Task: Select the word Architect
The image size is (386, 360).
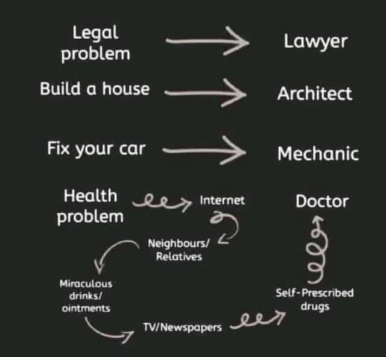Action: [x=314, y=93]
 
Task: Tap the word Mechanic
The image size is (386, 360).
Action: [x=317, y=153]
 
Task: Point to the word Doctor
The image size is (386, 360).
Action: [x=321, y=201]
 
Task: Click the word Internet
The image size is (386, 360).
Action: [x=223, y=200]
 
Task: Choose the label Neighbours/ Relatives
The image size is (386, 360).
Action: [x=179, y=250]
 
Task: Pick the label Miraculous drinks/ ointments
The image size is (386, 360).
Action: [x=85, y=295]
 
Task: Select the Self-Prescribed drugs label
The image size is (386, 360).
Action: [x=314, y=299]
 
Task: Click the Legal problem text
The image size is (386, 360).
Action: [x=96, y=42]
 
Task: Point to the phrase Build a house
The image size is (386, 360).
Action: [x=95, y=89]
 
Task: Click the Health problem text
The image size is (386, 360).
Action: [x=90, y=205]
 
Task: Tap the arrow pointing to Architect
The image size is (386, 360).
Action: [x=205, y=92]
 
